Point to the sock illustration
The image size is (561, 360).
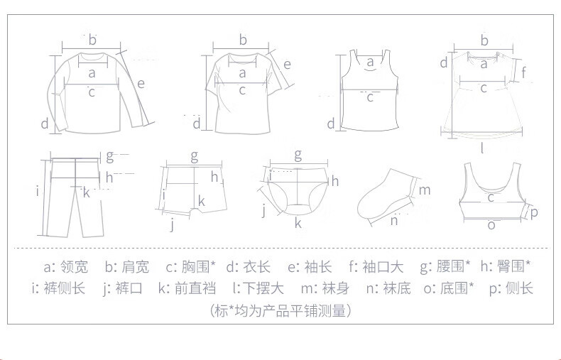point(387,195)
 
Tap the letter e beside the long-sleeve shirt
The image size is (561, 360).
point(141,83)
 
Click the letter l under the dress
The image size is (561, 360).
point(482,148)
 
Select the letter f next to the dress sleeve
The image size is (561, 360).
point(523,72)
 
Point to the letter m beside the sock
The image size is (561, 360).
point(425,190)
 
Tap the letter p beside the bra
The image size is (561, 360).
point(534,212)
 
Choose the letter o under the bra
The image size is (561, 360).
point(491,225)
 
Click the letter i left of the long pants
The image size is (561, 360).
point(36,190)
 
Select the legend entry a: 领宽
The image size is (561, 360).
point(65,267)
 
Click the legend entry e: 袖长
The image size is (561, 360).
point(310,267)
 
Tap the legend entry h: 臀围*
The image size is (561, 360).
point(505,267)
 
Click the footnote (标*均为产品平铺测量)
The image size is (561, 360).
point(281,310)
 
